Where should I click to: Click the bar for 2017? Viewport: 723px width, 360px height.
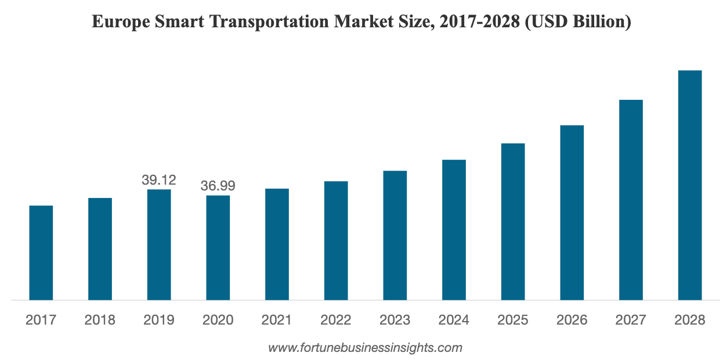41,253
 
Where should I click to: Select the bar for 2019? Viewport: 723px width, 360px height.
159,244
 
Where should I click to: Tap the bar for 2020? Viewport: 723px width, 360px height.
218,247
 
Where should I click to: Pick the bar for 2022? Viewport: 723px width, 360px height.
336,240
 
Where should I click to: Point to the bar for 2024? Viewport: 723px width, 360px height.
454,230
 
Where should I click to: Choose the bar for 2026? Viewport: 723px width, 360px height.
572,213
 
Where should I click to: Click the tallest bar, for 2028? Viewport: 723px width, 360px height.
690,185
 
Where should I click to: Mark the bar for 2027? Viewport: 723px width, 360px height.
631,200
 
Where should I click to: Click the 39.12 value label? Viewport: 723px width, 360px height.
159,180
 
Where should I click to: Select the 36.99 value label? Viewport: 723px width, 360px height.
218,186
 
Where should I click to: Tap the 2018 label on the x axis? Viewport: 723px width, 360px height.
100,320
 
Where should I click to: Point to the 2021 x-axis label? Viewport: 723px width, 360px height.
277,320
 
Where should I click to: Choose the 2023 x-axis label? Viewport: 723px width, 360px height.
395,320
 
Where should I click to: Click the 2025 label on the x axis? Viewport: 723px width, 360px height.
513,320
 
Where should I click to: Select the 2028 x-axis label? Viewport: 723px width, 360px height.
690,320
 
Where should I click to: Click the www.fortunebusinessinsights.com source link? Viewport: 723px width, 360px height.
365,348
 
